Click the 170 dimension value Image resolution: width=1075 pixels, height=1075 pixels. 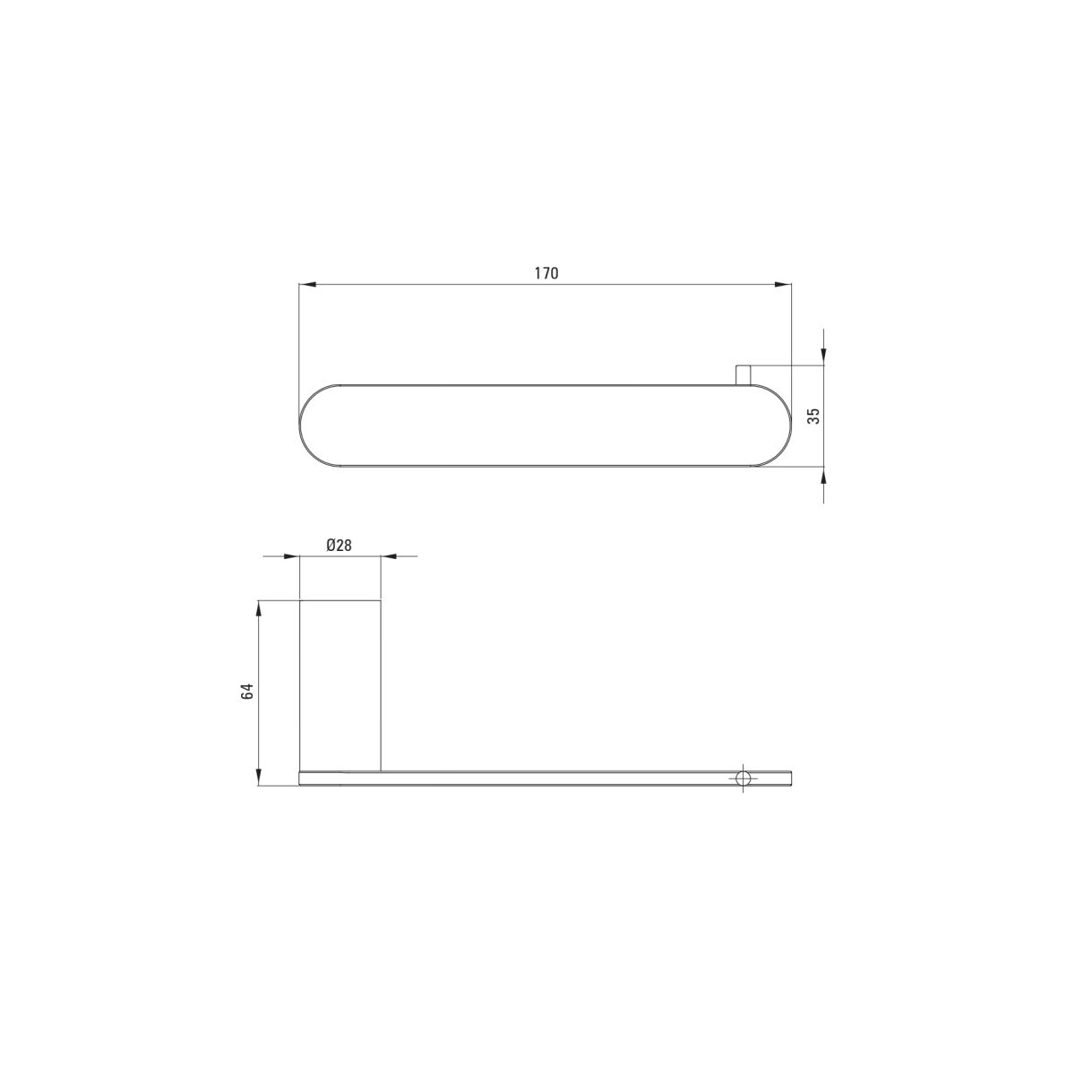pos(546,273)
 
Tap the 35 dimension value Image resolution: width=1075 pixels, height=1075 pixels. pos(814,416)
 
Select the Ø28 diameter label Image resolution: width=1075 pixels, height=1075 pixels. pos(340,545)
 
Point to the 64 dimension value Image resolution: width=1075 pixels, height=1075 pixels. pos(247,691)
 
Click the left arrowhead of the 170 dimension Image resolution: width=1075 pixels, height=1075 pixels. pos(307,285)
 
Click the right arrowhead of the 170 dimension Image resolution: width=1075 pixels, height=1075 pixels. pos(783,285)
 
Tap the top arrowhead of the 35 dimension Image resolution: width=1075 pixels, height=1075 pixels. pos(823,357)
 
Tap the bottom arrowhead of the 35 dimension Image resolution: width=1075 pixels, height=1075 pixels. pos(823,475)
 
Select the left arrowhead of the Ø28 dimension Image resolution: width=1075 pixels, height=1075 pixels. pos(291,556)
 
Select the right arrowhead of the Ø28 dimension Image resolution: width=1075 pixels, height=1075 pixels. pos(390,556)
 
